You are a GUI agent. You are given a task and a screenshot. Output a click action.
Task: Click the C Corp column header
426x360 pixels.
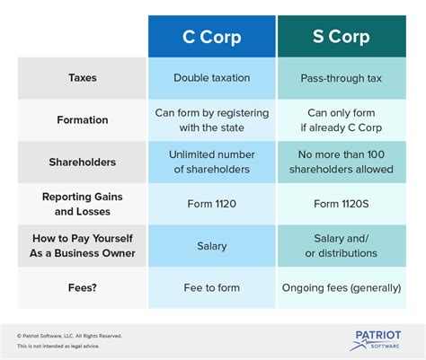tap(212, 37)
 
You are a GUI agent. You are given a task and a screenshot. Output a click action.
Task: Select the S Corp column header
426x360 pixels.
tap(342, 37)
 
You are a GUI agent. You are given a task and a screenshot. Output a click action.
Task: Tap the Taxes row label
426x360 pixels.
tap(83, 78)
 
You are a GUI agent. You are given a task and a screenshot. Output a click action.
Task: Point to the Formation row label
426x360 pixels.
tap(83, 120)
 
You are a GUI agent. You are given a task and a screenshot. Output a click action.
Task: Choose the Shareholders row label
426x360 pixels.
tap(83, 162)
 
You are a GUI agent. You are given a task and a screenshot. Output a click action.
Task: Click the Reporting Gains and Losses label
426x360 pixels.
tap(83, 204)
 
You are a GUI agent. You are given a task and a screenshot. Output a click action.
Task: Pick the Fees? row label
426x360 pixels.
tap(83, 287)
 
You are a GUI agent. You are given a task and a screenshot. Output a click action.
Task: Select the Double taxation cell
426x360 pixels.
tap(212, 78)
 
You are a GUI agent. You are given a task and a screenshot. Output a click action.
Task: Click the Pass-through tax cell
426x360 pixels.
tap(342, 78)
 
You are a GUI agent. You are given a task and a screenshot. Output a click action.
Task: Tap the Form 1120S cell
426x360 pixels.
tap(342, 204)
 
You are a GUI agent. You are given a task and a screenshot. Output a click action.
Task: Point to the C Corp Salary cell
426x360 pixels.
tap(212, 246)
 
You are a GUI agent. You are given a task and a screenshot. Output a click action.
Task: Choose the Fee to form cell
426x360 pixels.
tap(212, 287)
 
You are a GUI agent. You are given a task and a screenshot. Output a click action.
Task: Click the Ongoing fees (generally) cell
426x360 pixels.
tap(342, 288)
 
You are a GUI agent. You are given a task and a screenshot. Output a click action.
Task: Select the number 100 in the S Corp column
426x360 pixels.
tap(376, 154)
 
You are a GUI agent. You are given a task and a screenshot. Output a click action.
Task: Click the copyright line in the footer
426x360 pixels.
tap(69, 336)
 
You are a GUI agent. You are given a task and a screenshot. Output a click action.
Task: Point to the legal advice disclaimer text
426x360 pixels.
tap(58, 346)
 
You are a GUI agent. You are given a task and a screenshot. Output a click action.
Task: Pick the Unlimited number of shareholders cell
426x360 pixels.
tap(212, 162)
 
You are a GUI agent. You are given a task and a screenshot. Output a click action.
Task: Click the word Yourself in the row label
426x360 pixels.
tap(112, 239)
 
